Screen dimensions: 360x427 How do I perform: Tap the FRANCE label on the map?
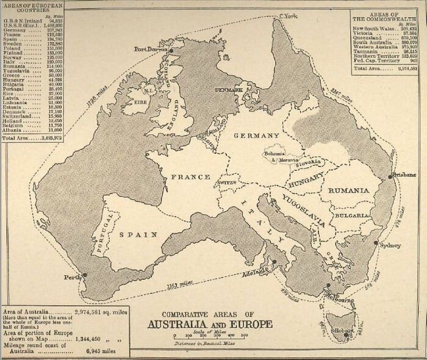(190, 177)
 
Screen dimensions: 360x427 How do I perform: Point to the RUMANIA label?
(349, 190)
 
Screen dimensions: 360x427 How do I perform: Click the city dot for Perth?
(84, 275)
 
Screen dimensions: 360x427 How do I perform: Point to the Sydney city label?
(390, 245)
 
